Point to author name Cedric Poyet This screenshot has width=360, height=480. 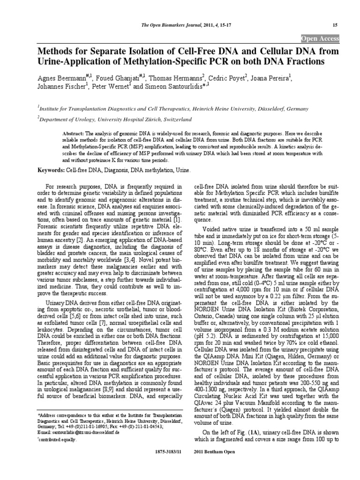click(x=226, y=77)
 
